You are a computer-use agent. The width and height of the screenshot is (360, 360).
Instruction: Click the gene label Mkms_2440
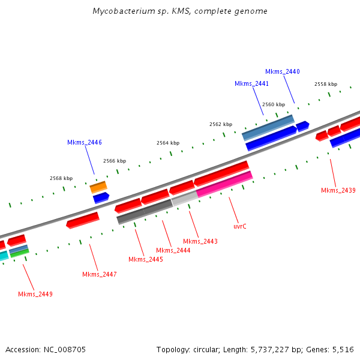(x=283, y=71)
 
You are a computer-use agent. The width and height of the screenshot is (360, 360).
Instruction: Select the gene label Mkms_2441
(x=251, y=83)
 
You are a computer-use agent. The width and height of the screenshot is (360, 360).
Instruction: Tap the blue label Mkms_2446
(x=85, y=142)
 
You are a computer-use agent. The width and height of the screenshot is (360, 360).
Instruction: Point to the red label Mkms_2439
(x=338, y=190)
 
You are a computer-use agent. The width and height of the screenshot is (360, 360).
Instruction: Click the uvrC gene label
(x=240, y=226)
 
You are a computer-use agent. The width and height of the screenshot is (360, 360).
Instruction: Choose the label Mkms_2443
(x=200, y=241)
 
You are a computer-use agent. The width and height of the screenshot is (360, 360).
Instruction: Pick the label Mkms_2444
(x=173, y=250)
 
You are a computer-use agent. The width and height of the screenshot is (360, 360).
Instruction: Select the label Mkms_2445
(x=146, y=259)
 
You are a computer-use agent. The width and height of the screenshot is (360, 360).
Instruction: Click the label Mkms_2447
(x=100, y=274)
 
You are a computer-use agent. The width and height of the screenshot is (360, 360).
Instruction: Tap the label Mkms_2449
(x=35, y=294)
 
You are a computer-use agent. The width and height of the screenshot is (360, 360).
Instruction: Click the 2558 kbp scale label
(x=326, y=84)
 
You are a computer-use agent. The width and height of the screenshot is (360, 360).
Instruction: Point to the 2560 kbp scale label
(x=274, y=104)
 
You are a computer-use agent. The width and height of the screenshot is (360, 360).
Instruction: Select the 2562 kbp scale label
(x=221, y=124)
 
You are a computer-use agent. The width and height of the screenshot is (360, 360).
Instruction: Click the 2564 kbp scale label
(x=168, y=143)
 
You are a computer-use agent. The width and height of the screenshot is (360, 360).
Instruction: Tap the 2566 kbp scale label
(x=115, y=161)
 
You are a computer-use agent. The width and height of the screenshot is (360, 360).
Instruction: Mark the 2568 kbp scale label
(x=61, y=178)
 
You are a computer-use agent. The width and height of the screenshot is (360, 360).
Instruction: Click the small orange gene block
(x=98, y=187)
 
